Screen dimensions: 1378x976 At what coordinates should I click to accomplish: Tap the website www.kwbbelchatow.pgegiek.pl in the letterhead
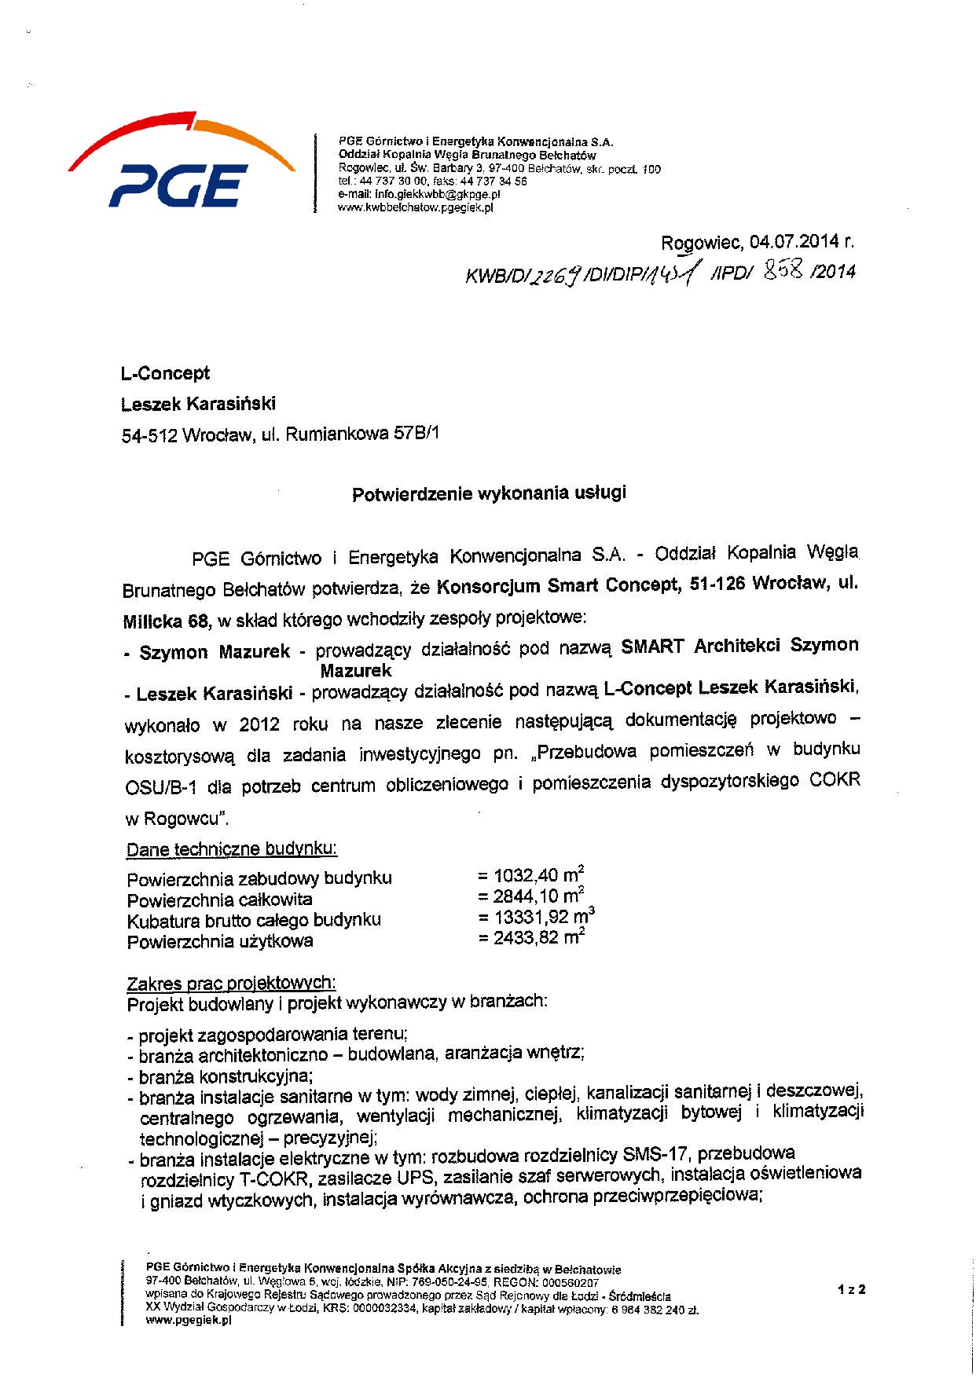click(415, 207)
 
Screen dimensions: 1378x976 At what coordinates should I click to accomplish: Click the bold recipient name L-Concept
click(166, 374)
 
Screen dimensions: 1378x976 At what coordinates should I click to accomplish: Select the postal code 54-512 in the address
click(149, 434)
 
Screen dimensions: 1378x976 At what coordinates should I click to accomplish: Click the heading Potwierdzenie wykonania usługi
click(489, 494)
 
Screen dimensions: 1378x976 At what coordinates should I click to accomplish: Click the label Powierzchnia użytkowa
click(220, 941)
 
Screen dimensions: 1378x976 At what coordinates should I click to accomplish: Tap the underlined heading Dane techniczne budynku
click(232, 850)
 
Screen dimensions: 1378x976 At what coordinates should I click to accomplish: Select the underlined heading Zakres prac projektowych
click(231, 984)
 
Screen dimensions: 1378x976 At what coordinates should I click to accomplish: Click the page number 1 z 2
click(851, 1289)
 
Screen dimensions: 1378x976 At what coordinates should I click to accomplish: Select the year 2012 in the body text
click(259, 724)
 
